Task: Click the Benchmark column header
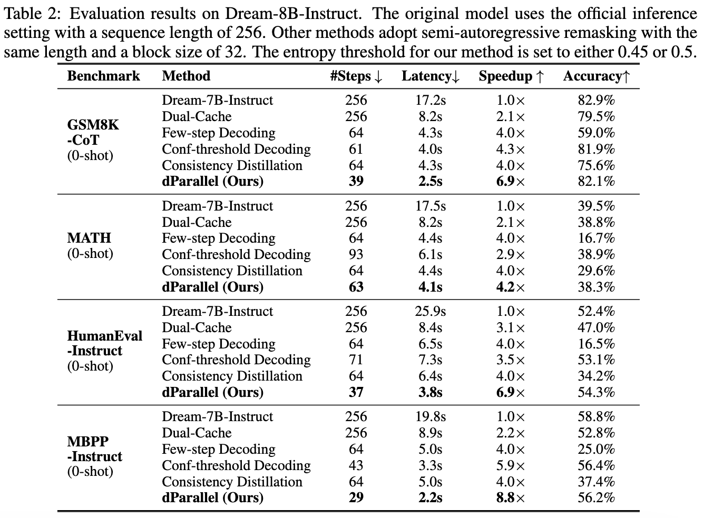(103, 76)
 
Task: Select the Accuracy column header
(596, 76)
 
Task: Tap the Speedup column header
(511, 76)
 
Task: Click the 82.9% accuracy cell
(596, 100)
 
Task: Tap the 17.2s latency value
(430, 100)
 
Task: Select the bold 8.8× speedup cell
(510, 497)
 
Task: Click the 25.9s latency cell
(430, 311)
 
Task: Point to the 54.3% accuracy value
(596, 392)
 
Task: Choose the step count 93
(356, 254)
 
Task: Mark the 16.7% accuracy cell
(596, 238)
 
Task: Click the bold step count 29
(356, 497)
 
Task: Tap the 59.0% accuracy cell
(596, 133)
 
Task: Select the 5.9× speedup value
(510, 465)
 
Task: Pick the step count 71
(356, 360)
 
